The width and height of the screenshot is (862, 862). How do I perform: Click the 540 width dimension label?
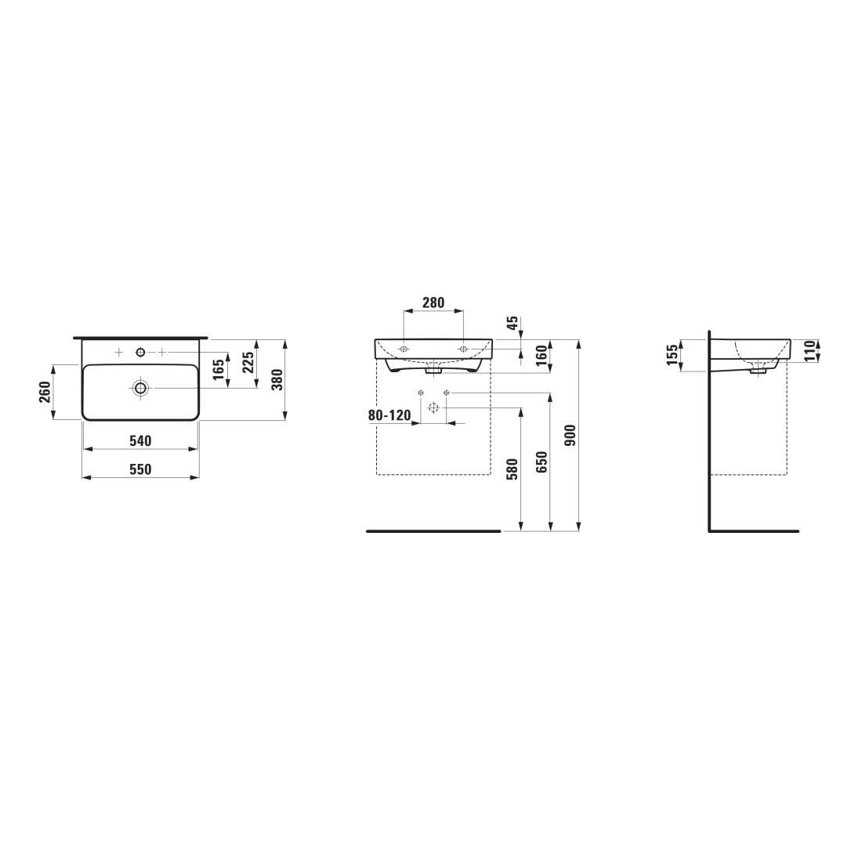click(x=140, y=441)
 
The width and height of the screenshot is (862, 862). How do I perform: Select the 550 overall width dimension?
click(x=140, y=469)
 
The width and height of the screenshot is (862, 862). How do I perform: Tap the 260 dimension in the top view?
click(x=45, y=392)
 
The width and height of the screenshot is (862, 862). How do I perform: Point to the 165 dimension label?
click(x=219, y=369)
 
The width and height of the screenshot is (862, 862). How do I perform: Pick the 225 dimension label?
click(x=248, y=363)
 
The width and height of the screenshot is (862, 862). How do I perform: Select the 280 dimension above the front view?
click(x=433, y=302)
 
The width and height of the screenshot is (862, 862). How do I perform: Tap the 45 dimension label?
click(x=512, y=323)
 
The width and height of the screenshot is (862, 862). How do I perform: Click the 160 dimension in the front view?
click(x=541, y=356)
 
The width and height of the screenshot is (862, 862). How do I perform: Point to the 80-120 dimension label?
click(x=389, y=415)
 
